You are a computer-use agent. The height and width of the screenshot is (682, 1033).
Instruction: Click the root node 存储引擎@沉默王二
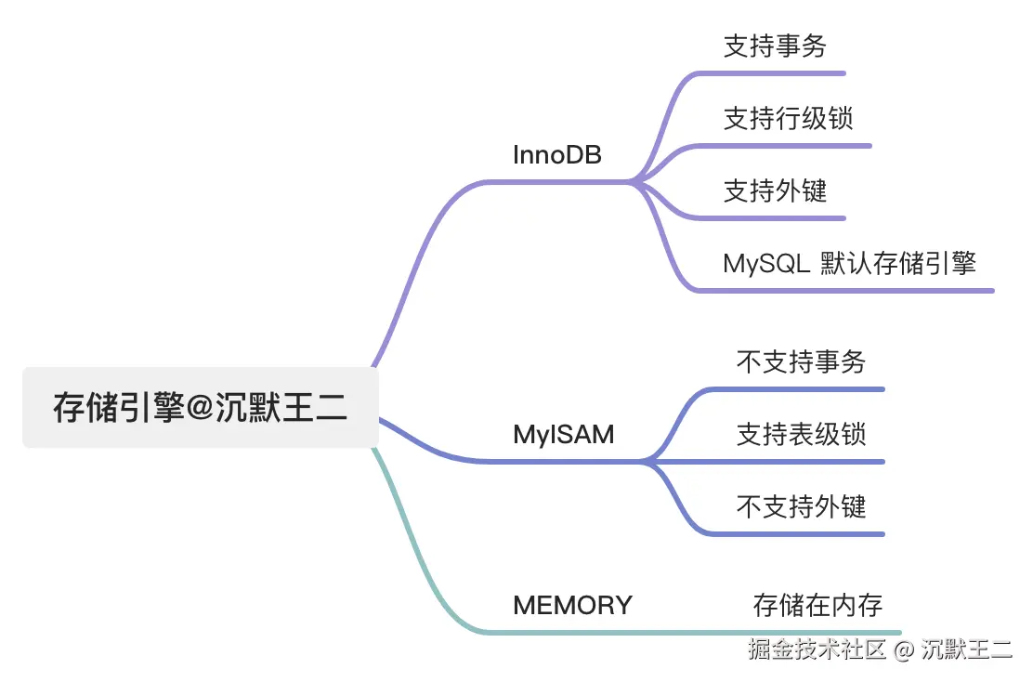201,408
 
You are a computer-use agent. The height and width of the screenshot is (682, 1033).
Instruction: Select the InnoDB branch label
556,155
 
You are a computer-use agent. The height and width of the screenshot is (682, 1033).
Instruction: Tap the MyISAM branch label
563,434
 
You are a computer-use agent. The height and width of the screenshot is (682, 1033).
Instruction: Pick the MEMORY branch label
572,605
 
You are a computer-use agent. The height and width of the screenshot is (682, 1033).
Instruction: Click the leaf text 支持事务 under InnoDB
775,46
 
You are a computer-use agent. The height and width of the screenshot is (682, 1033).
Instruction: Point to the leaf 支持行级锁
788,119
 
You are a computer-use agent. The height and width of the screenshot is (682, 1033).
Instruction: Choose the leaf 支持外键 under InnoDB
775,191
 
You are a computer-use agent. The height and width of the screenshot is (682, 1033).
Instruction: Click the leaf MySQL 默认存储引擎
849,263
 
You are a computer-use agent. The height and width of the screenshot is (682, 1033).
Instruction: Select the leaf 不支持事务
801,361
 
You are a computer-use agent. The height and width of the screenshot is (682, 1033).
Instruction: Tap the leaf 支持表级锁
801,434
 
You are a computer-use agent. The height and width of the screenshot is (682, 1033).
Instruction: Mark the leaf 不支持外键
801,506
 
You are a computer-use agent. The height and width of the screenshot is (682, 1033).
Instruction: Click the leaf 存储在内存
817,605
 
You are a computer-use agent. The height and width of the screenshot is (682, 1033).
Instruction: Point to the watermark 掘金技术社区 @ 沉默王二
880,649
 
